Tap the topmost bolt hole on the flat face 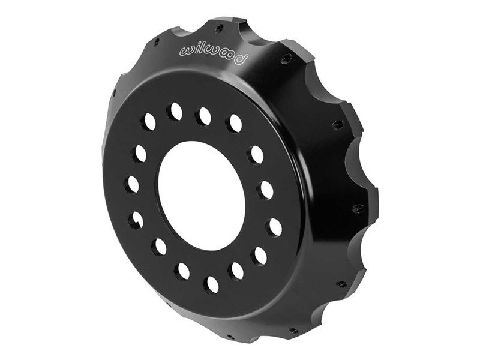[x=204, y=116]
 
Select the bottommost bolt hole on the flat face [x=211, y=284]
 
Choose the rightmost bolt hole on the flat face [x=274, y=227]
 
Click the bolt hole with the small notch [x=136, y=219]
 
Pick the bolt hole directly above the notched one [x=132, y=184]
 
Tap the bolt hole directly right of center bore [x=265, y=190]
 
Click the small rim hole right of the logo [x=287, y=58]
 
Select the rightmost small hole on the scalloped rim [x=359, y=208]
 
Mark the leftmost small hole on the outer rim [x=114, y=93]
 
